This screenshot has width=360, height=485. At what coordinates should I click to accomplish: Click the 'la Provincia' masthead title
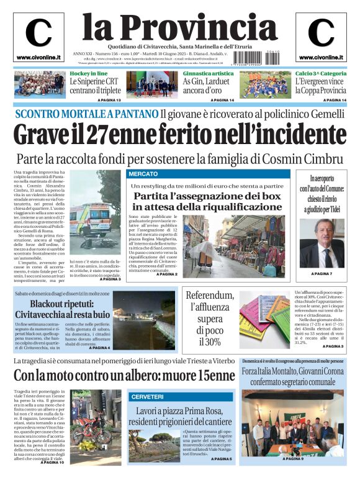pyautogui.click(x=180, y=26)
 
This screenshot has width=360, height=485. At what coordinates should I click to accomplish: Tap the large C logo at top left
pyautogui.click(x=38, y=34)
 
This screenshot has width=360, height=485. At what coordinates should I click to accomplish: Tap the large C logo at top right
pyautogui.click(x=321, y=34)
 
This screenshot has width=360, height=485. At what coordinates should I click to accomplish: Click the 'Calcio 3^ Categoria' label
pyautogui.click(x=321, y=74)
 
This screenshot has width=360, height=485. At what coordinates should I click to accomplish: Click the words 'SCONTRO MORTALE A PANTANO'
pyautogui.click(x=86, y=114)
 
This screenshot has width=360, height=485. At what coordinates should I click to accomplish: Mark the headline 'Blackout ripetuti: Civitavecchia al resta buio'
pyautogui.click(x=62, y=309)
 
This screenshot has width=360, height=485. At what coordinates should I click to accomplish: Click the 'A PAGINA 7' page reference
pyautogui.click(x=322, y=274)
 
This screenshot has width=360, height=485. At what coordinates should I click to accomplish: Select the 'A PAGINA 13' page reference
pyautogui.click(x=109, y=100)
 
